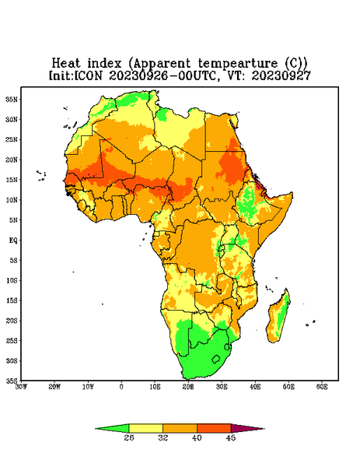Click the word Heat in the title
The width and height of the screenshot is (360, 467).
pos(66,64)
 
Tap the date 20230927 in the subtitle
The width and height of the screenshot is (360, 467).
pos(281,75)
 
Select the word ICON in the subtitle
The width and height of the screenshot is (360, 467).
pos(88,75)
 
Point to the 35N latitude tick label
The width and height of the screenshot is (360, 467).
pos(12,100)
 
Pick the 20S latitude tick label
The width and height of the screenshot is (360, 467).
pos(12,321)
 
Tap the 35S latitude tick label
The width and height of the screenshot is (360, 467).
pos(12,381)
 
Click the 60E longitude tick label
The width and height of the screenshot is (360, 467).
pos(322,387)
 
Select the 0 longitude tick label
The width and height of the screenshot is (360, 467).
pos(121,387)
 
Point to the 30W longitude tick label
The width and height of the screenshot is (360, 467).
pos(21,387)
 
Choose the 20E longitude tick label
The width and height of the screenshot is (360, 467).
pos(188,387)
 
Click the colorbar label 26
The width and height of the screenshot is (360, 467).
pos(129,437)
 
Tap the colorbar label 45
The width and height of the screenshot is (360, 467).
pos(231,437)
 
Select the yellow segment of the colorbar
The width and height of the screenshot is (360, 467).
pos(145,428)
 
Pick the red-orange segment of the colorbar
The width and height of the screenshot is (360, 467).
pos(214,428)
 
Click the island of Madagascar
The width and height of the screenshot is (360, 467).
pos(278,318)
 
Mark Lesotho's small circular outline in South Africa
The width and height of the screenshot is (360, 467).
pos(216,359)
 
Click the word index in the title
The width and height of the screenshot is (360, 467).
pos(104,64)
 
